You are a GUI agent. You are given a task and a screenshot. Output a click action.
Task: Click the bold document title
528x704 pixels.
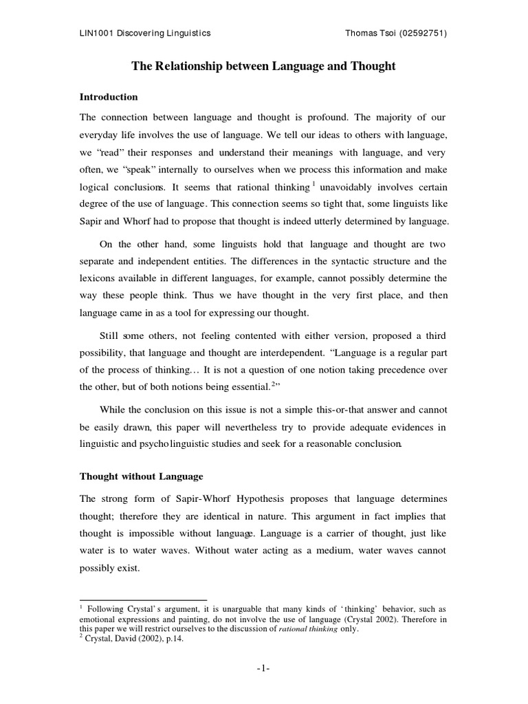[x=263, y=66]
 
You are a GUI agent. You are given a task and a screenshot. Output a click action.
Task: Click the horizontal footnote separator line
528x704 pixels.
[x=144, y=599]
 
